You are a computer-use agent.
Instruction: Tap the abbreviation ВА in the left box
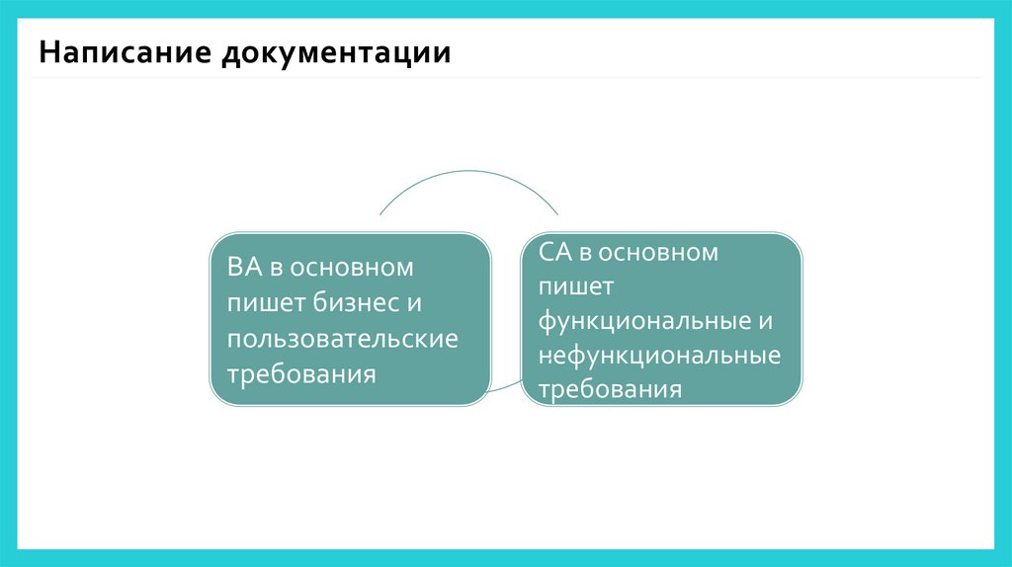[243, 268]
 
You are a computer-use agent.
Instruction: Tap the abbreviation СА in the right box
[553, 252]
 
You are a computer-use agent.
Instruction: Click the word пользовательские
[343, 339]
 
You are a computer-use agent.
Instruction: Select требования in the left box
[301, 374]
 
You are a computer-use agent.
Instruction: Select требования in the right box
[611, 388]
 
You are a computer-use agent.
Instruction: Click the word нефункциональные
[660, 355]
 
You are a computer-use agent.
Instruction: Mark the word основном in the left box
[350, 268]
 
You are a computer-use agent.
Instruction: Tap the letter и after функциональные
[765, 321]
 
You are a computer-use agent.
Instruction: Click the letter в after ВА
[276, 268]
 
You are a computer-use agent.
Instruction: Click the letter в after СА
[586, 252]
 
